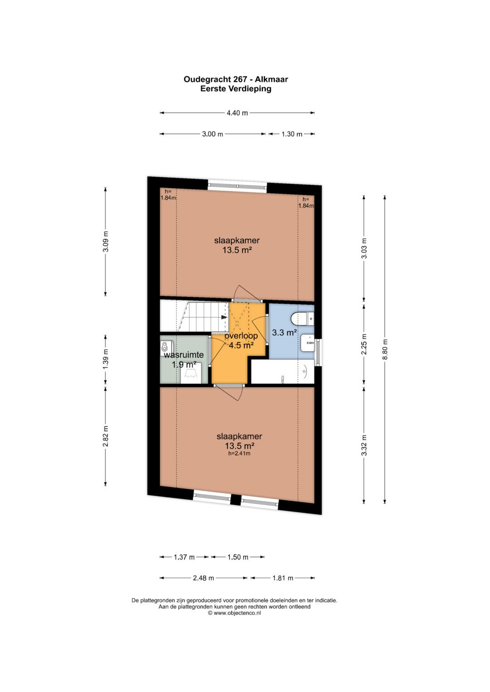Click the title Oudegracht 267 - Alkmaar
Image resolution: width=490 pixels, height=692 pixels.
235,79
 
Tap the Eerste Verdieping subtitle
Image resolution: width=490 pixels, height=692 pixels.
235,89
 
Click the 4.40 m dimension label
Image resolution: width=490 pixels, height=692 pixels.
237,113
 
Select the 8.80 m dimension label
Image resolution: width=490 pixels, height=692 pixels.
385,349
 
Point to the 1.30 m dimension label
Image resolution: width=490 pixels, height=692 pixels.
292,134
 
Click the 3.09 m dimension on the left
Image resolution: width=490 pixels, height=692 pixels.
106,242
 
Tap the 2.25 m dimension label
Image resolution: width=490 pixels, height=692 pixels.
364,344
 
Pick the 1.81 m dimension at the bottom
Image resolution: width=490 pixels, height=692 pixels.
283,578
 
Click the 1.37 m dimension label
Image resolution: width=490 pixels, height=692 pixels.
184,557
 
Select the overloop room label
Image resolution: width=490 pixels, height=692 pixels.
241,336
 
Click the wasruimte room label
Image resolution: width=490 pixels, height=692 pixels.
184,355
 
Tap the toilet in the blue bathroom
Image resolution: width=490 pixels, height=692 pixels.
301,319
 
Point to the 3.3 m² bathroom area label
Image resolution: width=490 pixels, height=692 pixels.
284,333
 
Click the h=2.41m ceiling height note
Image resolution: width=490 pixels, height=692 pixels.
239,453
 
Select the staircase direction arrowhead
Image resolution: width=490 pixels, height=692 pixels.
224,317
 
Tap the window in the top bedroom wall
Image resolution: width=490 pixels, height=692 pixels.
237,185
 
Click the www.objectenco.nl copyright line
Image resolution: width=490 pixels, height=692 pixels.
234,613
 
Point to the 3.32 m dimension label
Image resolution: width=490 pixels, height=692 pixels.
364,445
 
